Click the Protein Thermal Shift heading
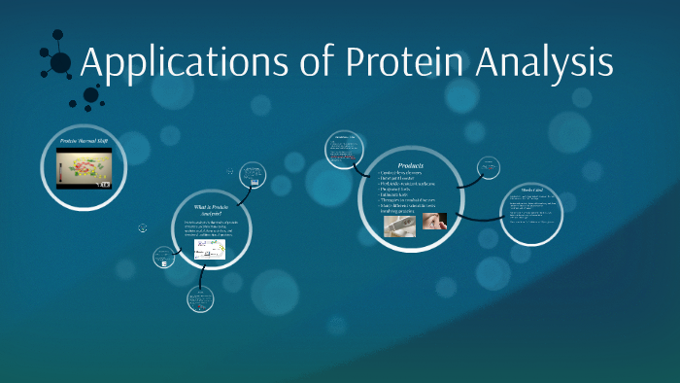[x=87, y=142]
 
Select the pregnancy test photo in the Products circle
[x=397, y=225]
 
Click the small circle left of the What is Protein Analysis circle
[x=163, y=258]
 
